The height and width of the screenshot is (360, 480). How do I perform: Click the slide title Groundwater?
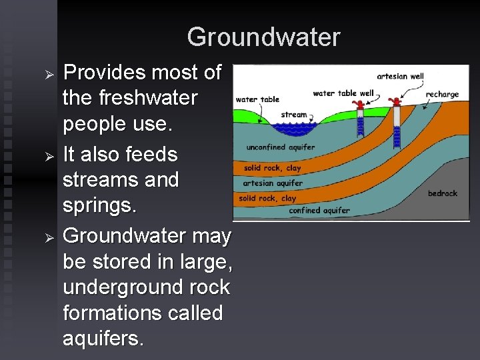click(263, 37)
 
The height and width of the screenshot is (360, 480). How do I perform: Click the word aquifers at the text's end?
click(102, 339)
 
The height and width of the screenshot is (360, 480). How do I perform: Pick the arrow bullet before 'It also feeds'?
click(48, 156)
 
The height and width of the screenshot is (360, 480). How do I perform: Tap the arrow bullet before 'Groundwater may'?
click(48, 237)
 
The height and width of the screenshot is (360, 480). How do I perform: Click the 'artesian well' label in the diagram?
click(400, 76)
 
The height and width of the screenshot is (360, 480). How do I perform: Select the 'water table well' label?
click(343, 93)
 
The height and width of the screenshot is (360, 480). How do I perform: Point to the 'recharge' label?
click(443, 94)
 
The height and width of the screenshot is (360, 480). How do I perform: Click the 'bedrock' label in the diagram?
click(442, 193)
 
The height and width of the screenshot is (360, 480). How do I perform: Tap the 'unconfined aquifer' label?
click(281, 147)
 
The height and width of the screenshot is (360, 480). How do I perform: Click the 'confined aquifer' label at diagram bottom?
click(319, 211)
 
